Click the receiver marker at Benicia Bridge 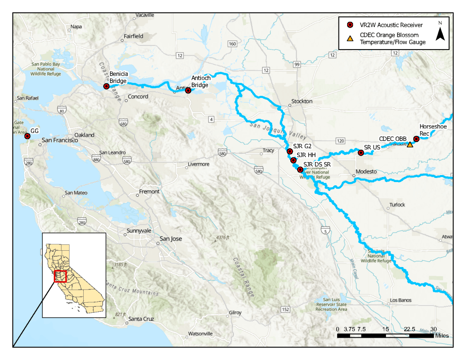pos(106,86)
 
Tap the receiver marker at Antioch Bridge pos(188,91)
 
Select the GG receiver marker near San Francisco pos(27,136)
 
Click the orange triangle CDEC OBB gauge pos(410,144)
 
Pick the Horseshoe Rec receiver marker pos(416,139)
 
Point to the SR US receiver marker pos(361,153)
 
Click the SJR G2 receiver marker pos(290,151)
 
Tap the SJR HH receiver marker pos(294,160)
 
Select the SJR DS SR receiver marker pos(300,170)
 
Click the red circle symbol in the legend pos(350,25)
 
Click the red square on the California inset pos(60,276)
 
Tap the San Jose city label pos(171,238)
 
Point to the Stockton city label pos(303,101)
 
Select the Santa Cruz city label pos(142,319)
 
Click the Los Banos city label pos(400,300)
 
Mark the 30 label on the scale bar pos(434,329)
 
